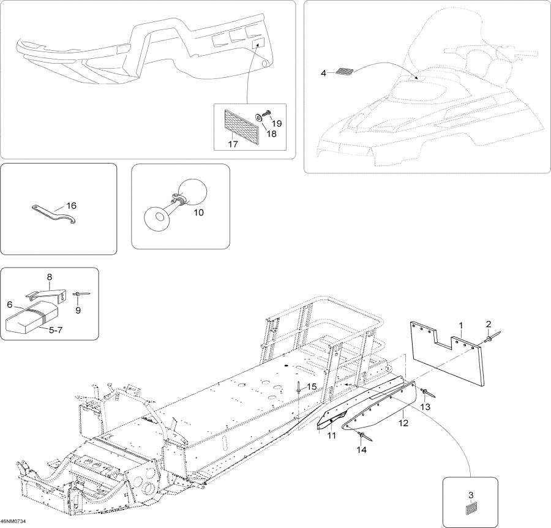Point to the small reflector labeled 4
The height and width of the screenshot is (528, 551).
[345, 72]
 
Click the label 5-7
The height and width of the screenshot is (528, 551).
[55, 330]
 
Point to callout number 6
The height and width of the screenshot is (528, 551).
[10, 303]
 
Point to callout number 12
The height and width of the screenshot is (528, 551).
[403, 421]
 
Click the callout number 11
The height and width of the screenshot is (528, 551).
[332, 436]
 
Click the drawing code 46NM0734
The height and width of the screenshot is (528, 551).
[15, 521]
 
